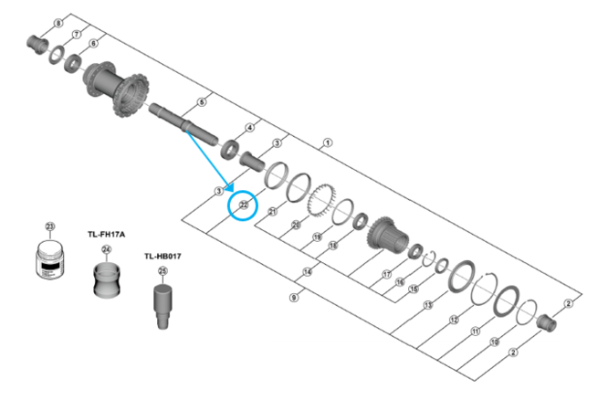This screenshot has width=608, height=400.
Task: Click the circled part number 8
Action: pyautogui.click(x=58, y=22)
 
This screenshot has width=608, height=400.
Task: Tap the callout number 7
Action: pyautogui.click(x=76, y=35)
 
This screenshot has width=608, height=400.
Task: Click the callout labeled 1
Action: pyautogui.click(x=328, y=143)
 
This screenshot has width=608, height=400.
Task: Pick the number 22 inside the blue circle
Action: pyautogui.click(x=244, y=205)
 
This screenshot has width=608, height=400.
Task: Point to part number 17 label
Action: pyautogui.click(x=386, y=273)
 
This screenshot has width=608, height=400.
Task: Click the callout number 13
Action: pyautogui.click(x=428, y=303)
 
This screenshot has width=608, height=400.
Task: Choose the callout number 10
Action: pyautogui.click(x=494, y=342)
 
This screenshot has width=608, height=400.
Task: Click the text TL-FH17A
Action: pyautogui.click(x=106, y=234)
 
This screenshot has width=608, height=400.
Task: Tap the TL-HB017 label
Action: pyautogui.click(x=162, y=257)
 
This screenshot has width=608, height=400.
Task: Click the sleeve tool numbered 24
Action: pyautogui.click(x=107, y=279)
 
